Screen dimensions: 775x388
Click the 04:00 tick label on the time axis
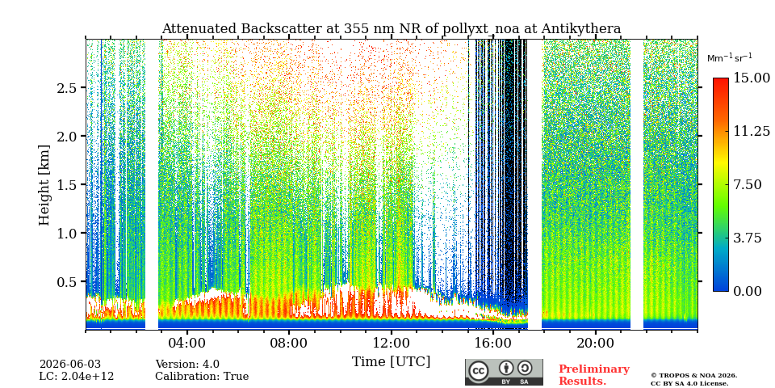[187, 343]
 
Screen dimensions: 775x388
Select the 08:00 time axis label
[289, 343]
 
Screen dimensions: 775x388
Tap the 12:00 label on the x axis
[391, 343]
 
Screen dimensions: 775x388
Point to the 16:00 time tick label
[492, 343]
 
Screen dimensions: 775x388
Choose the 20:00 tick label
[595, 343]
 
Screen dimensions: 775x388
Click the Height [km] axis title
[44, 185]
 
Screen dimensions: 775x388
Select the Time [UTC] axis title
[391, 362]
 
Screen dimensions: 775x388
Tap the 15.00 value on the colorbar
[752, 78]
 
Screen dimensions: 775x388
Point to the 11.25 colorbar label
[752, 131]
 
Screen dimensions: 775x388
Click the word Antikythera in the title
[580, 29]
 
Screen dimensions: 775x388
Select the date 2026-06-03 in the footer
[70, 365]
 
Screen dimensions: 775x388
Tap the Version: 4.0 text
[187, 365]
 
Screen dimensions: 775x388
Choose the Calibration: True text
[202, 377]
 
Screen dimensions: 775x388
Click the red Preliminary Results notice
[594, 375]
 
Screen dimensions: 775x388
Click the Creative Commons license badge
[504, 372]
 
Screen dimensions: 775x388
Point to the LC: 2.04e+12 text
[77, 377]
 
